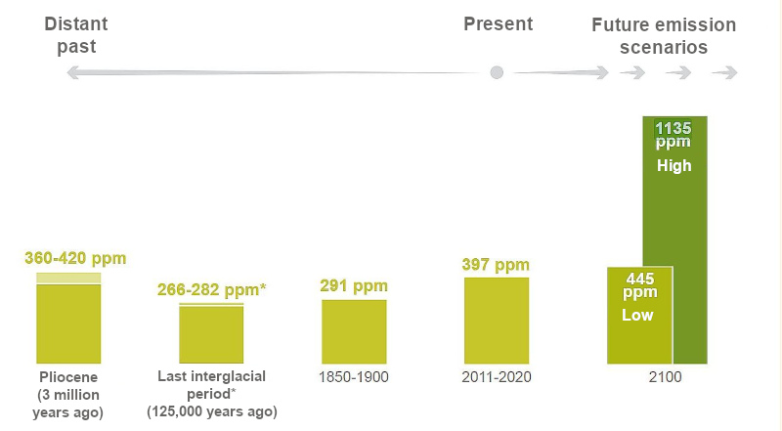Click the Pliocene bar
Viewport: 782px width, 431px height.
(68, 320)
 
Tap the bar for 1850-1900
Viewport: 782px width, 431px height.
(354, 331)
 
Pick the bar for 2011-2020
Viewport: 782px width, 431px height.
(497, 321)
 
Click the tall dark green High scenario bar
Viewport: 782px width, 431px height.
(688, 244)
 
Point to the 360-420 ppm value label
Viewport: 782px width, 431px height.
(75, 259)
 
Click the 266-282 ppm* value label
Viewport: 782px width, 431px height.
(212, 290)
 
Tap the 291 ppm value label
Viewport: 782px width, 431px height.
(354, 286)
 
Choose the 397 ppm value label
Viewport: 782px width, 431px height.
(496, 265)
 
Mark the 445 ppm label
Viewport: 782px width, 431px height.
(639, 285)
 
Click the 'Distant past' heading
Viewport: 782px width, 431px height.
(76, 34)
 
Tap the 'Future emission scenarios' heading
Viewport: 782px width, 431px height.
(664, 35)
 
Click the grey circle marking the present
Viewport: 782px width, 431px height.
(497, 72)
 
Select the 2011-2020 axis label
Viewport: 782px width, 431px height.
(496, 376)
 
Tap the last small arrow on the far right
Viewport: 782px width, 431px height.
(724, 72)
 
